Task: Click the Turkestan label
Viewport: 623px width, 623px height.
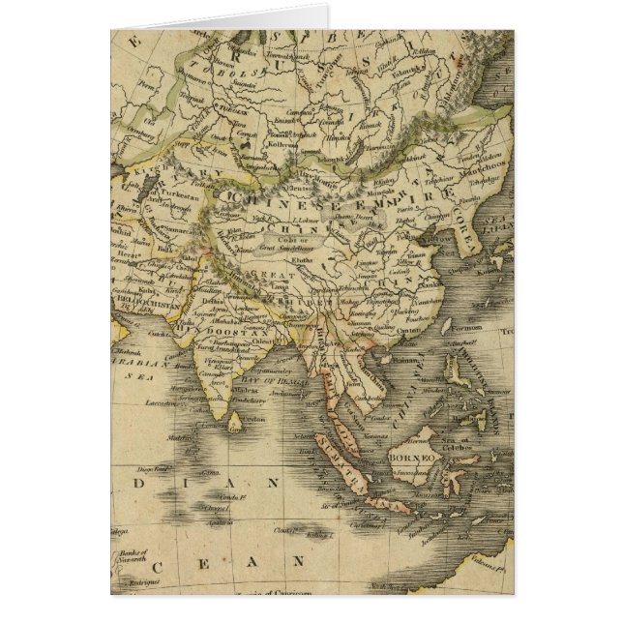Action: pos(170,194)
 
